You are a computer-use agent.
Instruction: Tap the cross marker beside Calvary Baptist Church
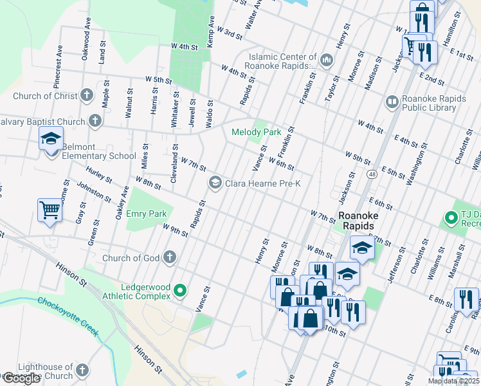pos(95,121)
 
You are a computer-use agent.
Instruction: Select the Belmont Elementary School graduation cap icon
pos(51,139)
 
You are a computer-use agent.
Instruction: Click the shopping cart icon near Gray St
pos(50,210)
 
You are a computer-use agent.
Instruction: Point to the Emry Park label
pos(146,214)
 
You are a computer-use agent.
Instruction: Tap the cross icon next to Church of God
pos(169,258)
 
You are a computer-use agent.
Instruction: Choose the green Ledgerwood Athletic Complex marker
pos(180,291)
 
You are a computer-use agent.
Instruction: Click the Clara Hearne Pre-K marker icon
pos(215,183)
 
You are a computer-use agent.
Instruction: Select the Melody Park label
pos(256,132)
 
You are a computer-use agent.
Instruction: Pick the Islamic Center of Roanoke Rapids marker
pos(326,60)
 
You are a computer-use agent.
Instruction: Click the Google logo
pos(21,379)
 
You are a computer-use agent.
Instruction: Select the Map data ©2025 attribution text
pos(453,381)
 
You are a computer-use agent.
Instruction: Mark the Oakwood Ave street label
pos(84,44)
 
